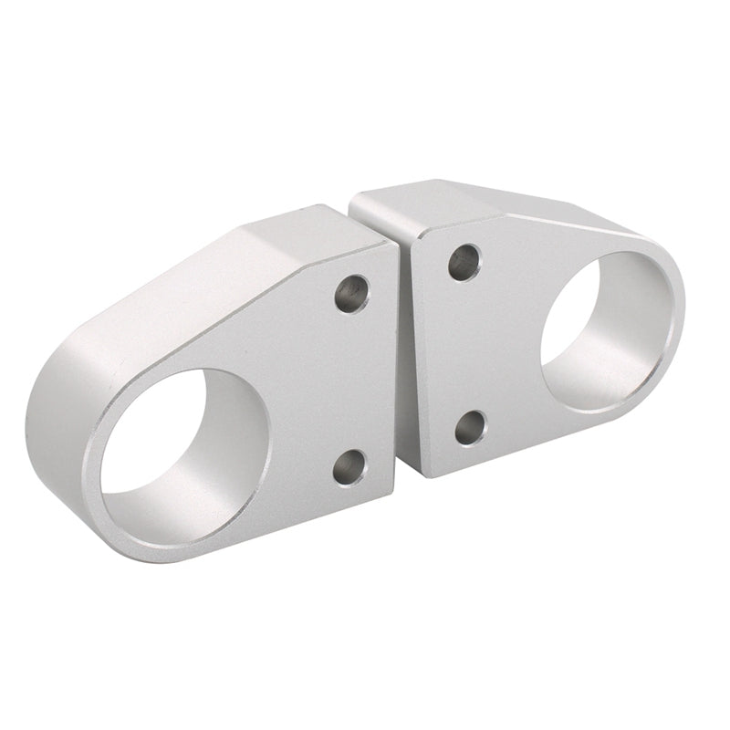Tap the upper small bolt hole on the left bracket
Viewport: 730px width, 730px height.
(x=351, y=294)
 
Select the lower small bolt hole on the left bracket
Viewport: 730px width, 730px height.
(x=349, y=466)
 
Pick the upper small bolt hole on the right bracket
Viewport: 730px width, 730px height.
(x=464, y=262)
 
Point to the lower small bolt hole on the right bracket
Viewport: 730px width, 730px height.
(x=470, y=427)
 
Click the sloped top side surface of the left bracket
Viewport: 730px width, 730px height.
(x=228, y=274)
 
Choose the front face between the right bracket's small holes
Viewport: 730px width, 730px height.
(x=465, y=347)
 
